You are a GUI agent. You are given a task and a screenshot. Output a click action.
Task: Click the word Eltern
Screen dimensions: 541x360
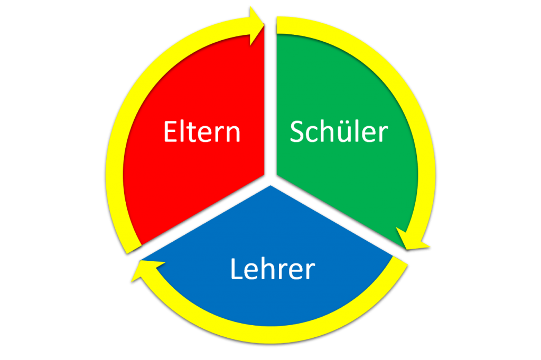[202, 131]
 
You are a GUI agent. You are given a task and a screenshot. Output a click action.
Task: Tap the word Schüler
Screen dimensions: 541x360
[339, 131]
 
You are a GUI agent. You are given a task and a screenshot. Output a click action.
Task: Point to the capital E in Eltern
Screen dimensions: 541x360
[170, 131]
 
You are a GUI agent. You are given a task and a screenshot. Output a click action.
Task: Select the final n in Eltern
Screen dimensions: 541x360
[233, 134]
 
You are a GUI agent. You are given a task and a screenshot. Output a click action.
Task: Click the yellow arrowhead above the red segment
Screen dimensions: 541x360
[256, 26]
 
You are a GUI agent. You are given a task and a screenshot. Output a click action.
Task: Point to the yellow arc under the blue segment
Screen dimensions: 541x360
[273, 335]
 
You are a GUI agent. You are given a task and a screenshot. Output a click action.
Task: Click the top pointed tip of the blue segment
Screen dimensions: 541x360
[270, 186]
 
